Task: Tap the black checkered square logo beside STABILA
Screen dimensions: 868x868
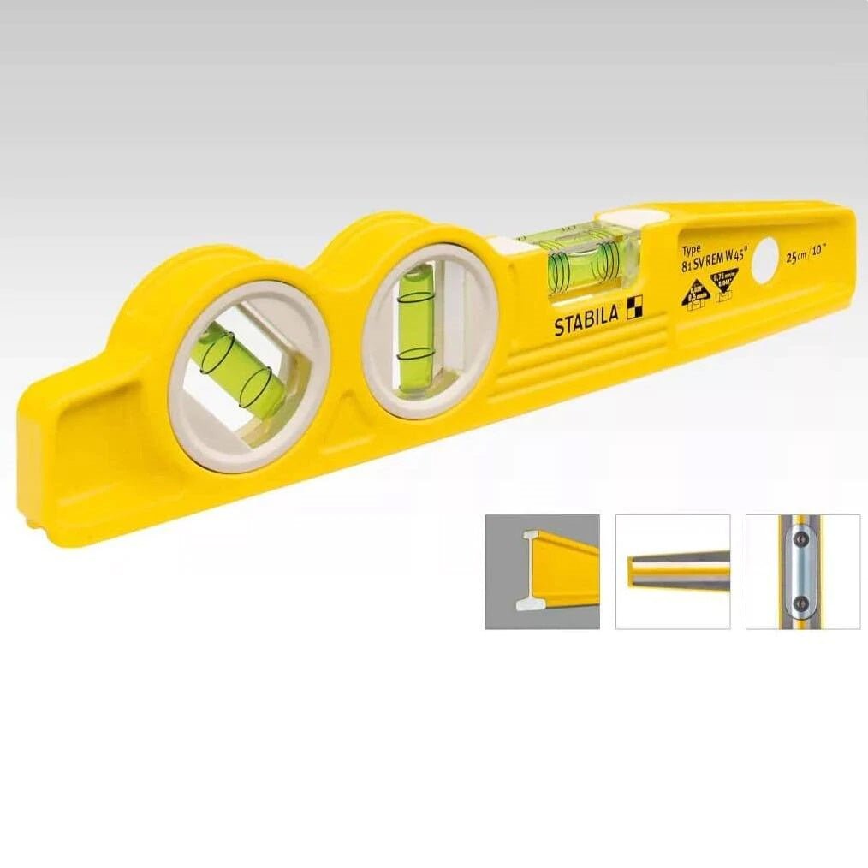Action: pos(634,310)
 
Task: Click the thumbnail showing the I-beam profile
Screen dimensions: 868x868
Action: pos(542,572)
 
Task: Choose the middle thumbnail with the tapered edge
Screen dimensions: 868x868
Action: pos(673,572)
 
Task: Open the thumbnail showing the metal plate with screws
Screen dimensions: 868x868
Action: pos(803,572)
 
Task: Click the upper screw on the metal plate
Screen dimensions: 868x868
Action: pos(801,540)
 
